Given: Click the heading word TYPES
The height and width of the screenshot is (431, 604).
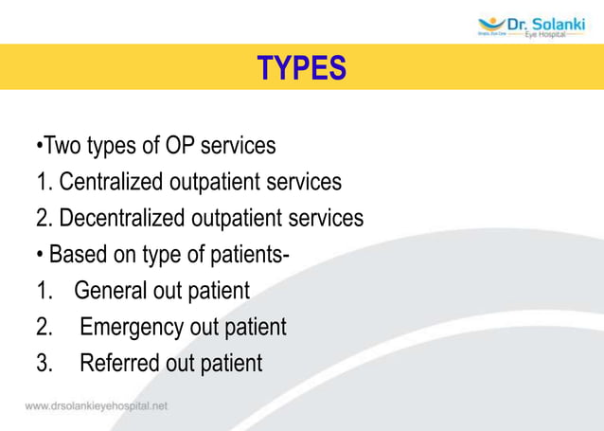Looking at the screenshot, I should [x=302, y=67].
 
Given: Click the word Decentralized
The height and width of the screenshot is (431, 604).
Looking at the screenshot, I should [x=122, y=218].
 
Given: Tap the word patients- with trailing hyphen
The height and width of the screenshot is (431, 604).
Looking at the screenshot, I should [x=240, y=254].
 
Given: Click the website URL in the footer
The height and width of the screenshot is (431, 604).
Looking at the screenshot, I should [x=96, y=405].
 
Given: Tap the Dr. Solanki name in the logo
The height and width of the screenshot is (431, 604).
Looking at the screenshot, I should [x=545, y=22].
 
